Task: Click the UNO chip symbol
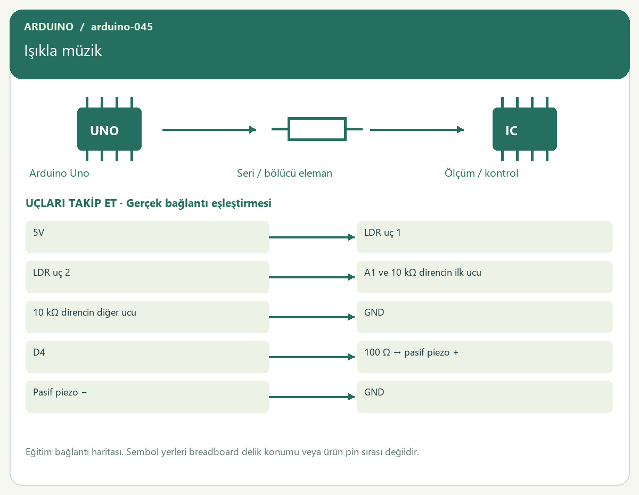109,129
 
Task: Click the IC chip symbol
525,129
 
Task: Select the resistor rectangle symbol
317,129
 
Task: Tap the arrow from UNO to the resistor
209,130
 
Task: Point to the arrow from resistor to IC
417,130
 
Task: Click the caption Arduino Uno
59,173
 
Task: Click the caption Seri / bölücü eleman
284,173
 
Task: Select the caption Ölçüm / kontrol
481,173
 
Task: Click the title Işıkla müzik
63,51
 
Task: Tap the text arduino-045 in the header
122,27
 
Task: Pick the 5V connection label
38,233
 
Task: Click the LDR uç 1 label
382,233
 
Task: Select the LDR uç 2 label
52,273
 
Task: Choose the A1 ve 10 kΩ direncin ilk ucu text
423,273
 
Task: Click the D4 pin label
39,352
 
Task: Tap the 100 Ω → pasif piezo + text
411,352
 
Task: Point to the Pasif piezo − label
60,392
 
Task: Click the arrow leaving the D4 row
312,357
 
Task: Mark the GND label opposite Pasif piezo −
374,392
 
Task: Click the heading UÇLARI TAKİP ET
71,203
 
